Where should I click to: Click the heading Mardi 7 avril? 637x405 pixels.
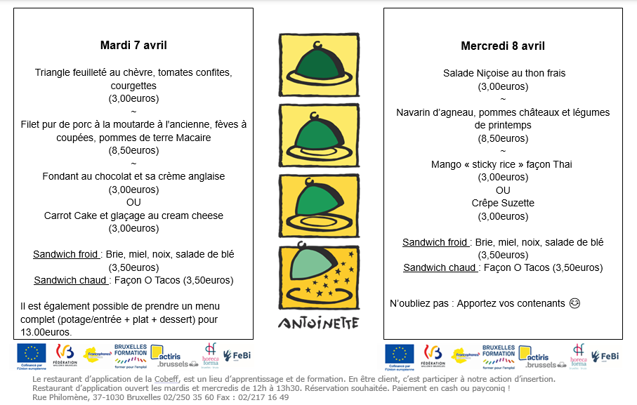[x=133, y=46]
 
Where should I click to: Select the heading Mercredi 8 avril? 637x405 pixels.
[x=503, y=46]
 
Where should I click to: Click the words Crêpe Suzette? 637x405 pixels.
[x=503, y=203]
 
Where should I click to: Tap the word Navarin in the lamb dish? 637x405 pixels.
[x=415, y=112]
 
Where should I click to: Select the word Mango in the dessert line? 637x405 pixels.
[x=445, y=164]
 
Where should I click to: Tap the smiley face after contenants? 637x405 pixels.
[x=574, y=304]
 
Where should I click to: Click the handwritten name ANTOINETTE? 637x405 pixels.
[x=318, y=323]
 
